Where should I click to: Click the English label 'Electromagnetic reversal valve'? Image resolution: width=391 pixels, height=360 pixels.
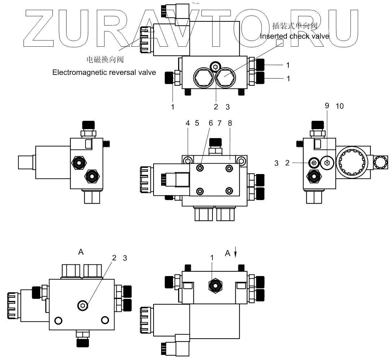click(104, 72)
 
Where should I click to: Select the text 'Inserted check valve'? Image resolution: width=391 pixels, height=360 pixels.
click(295, 36)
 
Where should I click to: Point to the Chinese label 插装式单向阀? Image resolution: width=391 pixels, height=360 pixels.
click(295, 26)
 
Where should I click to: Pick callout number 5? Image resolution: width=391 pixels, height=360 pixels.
click(197, 123)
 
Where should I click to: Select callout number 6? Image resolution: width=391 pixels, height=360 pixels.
click(211, 123)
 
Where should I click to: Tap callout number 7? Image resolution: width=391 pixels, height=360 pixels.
click(220, 123)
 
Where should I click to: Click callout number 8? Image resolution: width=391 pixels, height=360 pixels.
click(230, 123)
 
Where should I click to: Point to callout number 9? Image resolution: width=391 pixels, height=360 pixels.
click(327, 106)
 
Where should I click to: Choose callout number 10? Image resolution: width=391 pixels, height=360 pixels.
click(339, 106)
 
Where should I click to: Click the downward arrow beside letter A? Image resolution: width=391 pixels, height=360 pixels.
click(236, 253)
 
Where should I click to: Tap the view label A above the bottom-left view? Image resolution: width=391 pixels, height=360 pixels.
click(81, 252)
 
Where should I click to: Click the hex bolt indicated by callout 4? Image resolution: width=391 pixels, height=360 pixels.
click(188, 161)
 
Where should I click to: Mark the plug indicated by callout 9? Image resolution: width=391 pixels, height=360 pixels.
click(327, 163)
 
